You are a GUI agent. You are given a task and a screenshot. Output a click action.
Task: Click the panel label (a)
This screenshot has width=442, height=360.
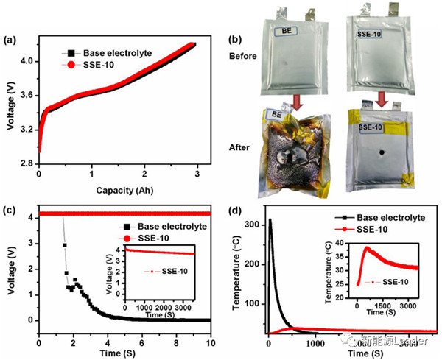[x=13, y=38]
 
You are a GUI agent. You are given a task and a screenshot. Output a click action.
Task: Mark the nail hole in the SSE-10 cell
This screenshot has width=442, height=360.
[x=382, y=153]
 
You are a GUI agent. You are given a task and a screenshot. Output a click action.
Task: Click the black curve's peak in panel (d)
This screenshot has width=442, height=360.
[x=270, y=219]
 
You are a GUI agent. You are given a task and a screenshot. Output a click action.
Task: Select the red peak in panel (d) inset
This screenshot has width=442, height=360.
[x=365, y=248]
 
